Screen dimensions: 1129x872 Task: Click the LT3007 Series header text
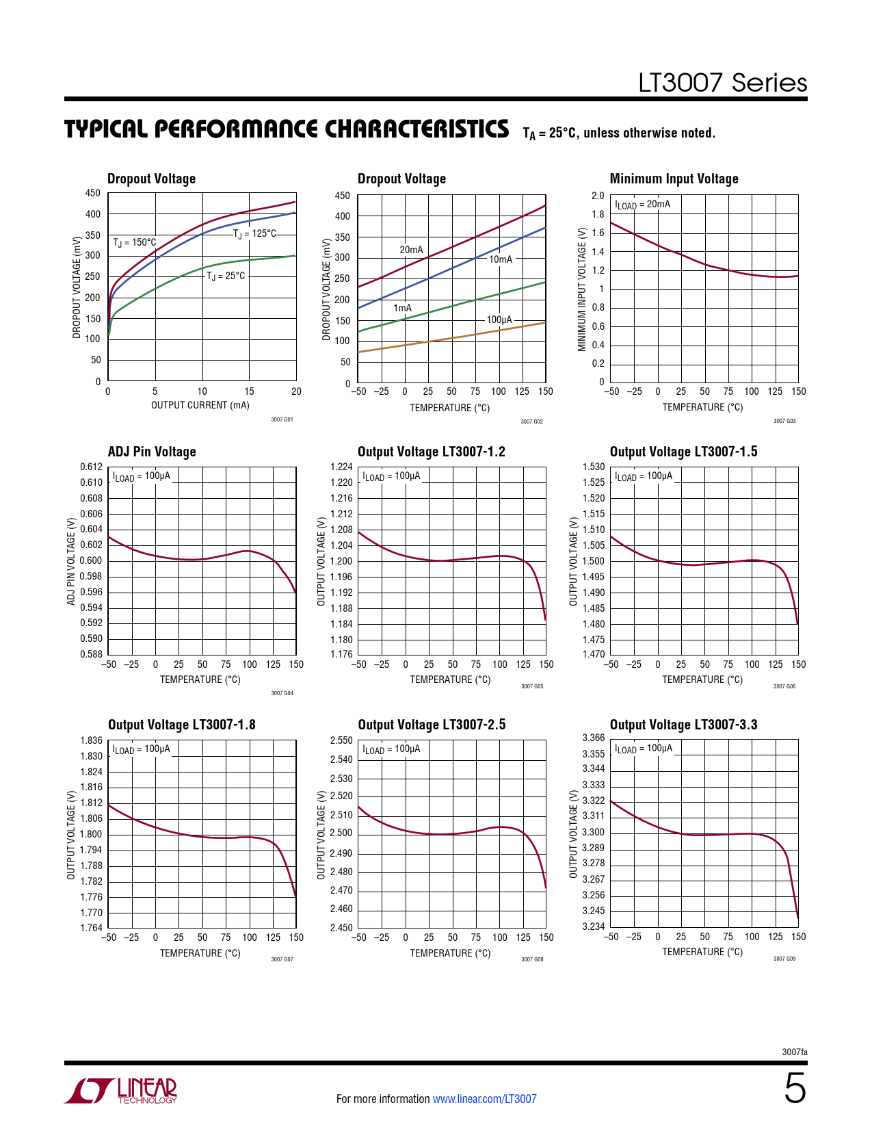click(722, 83)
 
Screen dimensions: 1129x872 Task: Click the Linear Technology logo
click(120, 1091)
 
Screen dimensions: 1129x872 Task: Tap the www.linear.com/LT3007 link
click(484, 1099)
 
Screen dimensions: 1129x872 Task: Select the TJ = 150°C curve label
click(135, 242)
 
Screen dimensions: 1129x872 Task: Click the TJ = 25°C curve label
click(226, 276)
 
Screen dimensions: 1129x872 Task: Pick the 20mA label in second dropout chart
click(411, 250)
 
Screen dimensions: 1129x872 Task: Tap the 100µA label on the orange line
click(499, 320)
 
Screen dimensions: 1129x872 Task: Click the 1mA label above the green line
click(403, 308)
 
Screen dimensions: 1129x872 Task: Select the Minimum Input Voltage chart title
click(674, 179)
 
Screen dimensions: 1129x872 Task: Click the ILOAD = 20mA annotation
click(642, 204)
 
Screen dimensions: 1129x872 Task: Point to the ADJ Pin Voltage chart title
click(152, 452)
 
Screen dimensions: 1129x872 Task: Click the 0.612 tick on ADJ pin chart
click(92, 467)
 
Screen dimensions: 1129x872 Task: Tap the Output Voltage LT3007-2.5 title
click(432, 725)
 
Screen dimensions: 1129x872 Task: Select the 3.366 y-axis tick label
click(594, 738)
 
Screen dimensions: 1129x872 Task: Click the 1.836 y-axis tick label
click(92, 740)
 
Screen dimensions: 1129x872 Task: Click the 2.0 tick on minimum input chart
click(598, 196)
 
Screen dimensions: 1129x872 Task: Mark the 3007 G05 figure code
click(532, 686)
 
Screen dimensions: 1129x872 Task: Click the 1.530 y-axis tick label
click(594, 467)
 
